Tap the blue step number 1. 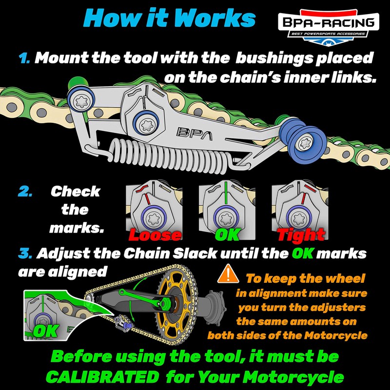pyautogui.click(x=24, y=58)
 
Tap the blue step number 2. pyautogui.click(x=24, y=191)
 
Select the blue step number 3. pyautogui.click(x=24, y=254)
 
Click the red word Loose pyautogui.click(x=155, y=235)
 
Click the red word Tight pyautogui.click(x=301, y=235)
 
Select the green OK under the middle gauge pyautogui.click(x=227, y=234)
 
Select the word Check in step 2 pyautogui.click(x=75, y=191)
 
